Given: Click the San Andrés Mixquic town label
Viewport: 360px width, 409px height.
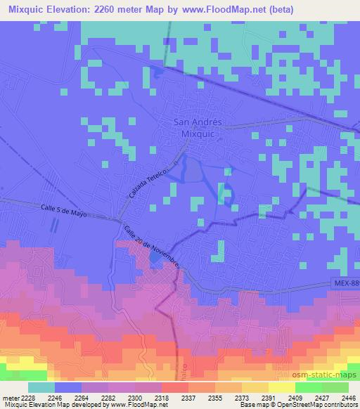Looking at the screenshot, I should click(x=198, y=126).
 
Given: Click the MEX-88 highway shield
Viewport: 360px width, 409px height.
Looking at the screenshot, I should click(x=345, y=283).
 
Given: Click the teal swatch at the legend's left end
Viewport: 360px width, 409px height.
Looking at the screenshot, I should click(x=41, y=387).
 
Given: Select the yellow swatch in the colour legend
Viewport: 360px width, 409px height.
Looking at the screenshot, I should click(x=281, y=387).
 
